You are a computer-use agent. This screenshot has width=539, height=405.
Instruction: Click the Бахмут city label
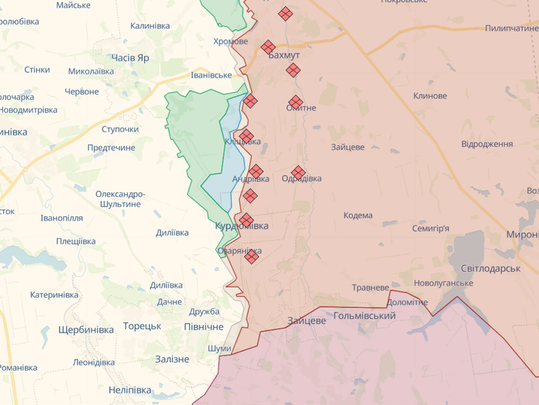284,55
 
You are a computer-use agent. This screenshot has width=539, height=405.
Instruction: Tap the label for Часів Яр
130,58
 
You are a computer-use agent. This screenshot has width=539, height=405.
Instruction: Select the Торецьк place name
142,326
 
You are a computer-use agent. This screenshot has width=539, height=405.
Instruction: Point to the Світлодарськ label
489,269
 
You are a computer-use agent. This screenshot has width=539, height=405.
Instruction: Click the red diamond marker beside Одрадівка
297,172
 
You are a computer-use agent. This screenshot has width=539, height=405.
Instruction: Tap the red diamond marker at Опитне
295,102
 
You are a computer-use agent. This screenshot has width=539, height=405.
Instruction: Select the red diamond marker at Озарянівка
252,256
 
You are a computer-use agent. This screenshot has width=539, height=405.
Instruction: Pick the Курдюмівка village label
241,227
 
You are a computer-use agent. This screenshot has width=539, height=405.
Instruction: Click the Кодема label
358,216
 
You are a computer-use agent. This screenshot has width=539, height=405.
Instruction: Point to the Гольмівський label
364,316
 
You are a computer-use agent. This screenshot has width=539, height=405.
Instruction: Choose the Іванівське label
211,75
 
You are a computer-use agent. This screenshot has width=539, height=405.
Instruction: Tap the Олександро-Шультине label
120,199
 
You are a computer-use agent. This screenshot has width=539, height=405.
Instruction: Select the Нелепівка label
130,390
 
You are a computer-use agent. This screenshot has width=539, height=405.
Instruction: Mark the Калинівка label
150,26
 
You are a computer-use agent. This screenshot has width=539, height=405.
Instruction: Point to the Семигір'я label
430,229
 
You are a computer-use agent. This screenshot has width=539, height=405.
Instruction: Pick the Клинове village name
430,96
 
